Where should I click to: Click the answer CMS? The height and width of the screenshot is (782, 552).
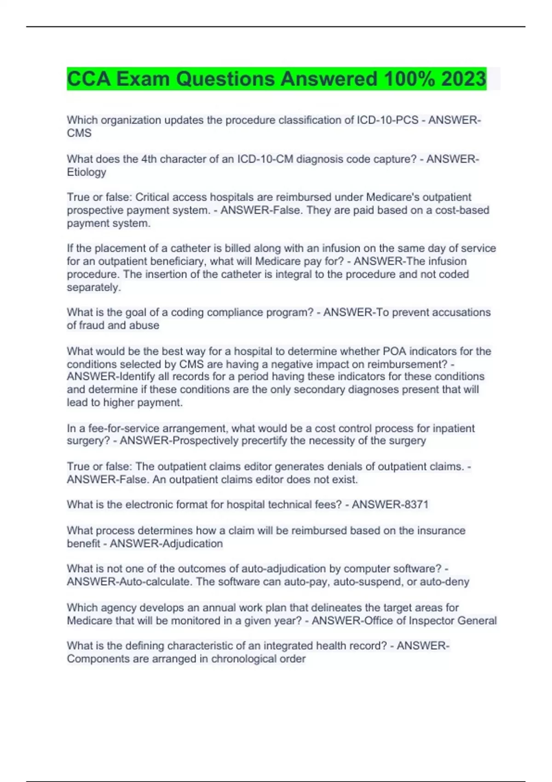click(79, 133)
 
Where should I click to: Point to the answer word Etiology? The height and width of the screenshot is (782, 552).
click(86, 172)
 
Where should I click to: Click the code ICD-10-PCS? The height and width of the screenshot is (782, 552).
click(387, 120)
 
